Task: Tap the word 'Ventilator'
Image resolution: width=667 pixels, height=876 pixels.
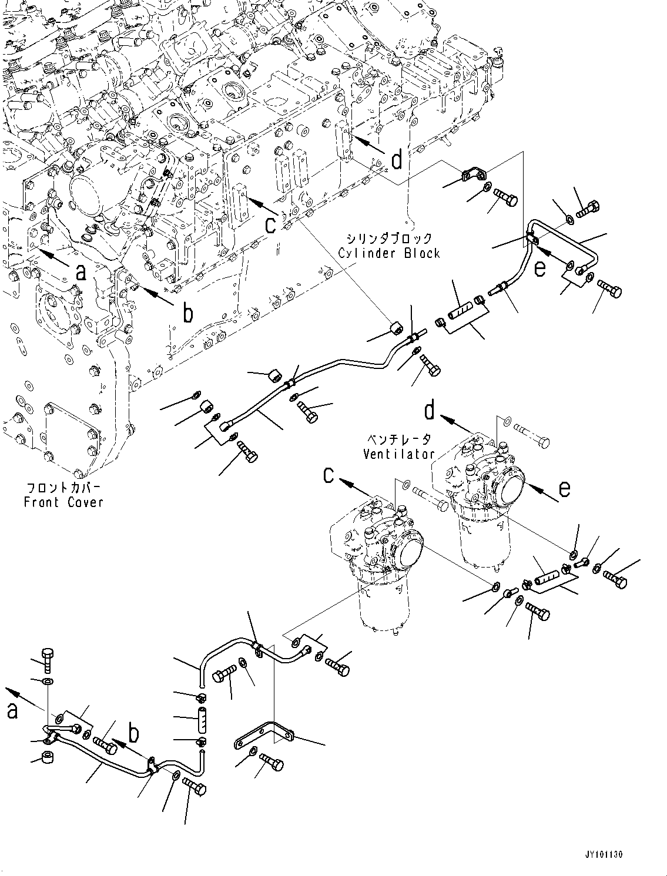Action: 398,454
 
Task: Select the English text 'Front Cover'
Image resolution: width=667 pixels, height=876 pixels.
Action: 63,502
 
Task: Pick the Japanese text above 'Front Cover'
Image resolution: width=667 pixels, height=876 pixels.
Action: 63,488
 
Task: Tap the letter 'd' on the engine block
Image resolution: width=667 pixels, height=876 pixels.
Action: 397,160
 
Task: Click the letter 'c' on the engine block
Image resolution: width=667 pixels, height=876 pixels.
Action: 270,225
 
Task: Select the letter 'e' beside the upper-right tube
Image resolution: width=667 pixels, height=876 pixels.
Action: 539,268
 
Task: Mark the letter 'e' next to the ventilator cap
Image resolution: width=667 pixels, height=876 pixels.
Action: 564,489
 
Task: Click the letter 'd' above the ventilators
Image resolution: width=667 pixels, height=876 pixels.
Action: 431,411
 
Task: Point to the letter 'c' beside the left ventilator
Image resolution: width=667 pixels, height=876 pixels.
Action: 330,475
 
